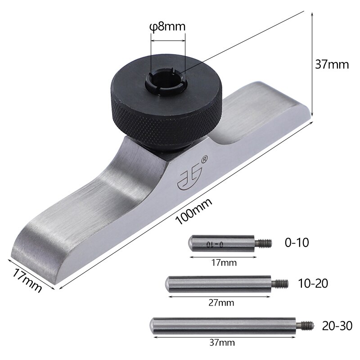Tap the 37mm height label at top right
pos(332,64)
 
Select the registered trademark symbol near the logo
pos(204,158)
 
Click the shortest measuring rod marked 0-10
pos(221,243)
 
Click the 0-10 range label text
pos(297,243)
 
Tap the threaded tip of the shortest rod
pos(265,243)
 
